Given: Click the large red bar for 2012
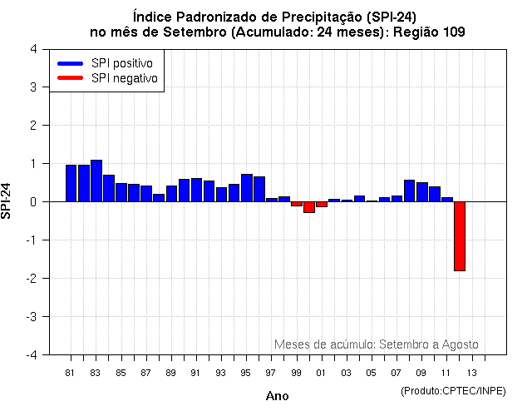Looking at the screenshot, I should (459, 236).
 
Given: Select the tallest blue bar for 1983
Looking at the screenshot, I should (96, 181).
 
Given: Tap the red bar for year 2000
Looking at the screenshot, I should (308, 207).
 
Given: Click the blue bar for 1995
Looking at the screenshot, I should (247, 188).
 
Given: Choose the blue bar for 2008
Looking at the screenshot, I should (409, 191).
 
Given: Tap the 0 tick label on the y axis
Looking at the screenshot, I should (32, 201).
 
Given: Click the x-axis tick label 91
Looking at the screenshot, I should (196, 372).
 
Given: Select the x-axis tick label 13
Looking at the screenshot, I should (471, 372).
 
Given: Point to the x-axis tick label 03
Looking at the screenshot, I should (346, 372).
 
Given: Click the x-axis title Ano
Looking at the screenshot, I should (277, 396).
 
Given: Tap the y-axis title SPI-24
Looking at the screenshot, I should (7, 201).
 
